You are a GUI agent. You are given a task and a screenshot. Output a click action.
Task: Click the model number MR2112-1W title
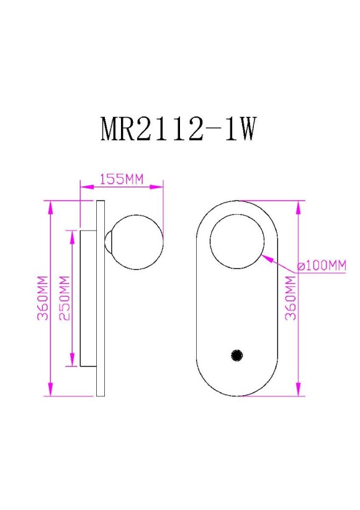[x=178, y=129]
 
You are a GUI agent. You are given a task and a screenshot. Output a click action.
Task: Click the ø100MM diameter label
[x=321, y=266]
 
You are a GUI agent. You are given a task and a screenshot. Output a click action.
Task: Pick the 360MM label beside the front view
[x=290, y=298]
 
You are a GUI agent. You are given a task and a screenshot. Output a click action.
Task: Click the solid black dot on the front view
[x=236, y=355]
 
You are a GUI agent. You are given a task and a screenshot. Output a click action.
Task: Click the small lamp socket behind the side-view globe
[x=108, y=242]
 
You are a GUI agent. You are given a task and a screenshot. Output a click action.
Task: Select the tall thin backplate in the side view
[x=100, y=298]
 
